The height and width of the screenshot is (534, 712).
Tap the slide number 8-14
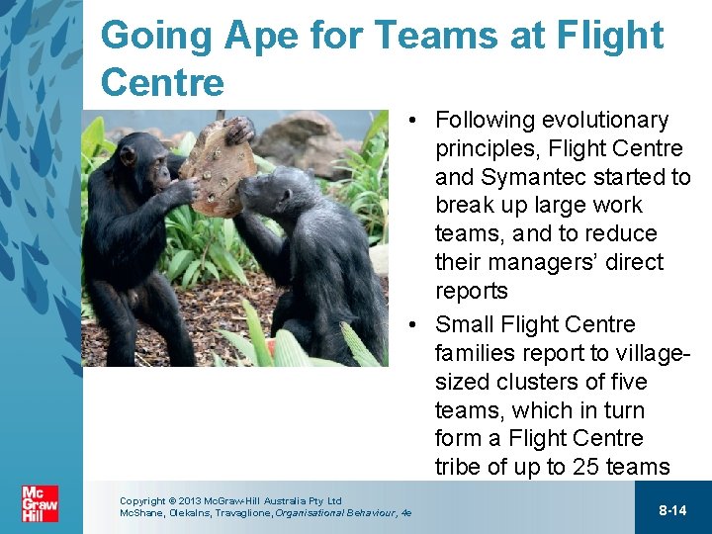click(672, 510)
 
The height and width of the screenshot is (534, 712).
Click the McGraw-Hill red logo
click(40, 503)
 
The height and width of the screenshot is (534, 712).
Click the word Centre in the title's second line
click(162, 83)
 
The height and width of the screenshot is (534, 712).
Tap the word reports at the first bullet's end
click(471, 291)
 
